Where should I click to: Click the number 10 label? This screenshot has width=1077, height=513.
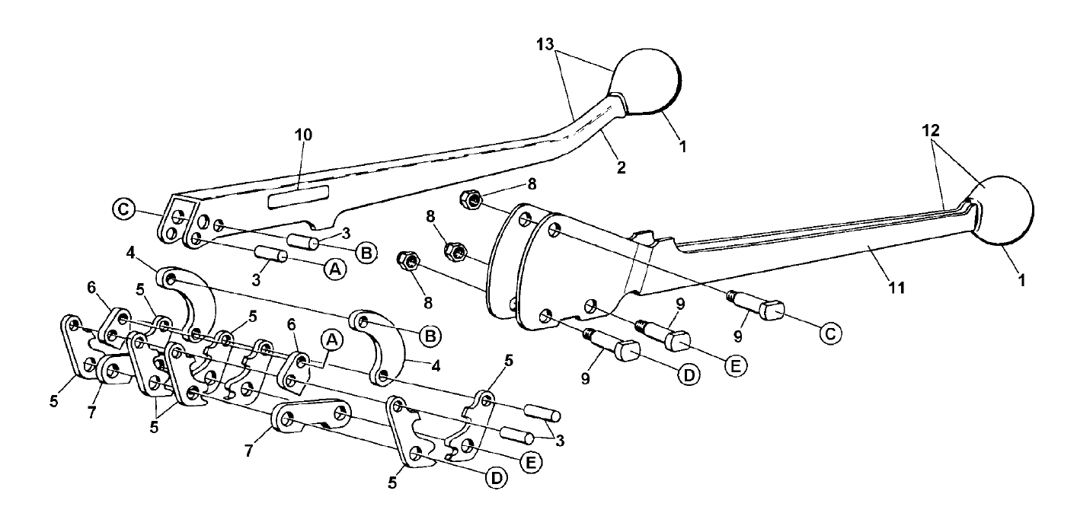pyautogui.click(x=304, y=135)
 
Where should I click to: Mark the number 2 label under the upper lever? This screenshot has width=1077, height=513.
pyautogui.click(x=621, y=167)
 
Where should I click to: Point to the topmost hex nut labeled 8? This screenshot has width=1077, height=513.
pyautogui.click(x=471, y=201)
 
